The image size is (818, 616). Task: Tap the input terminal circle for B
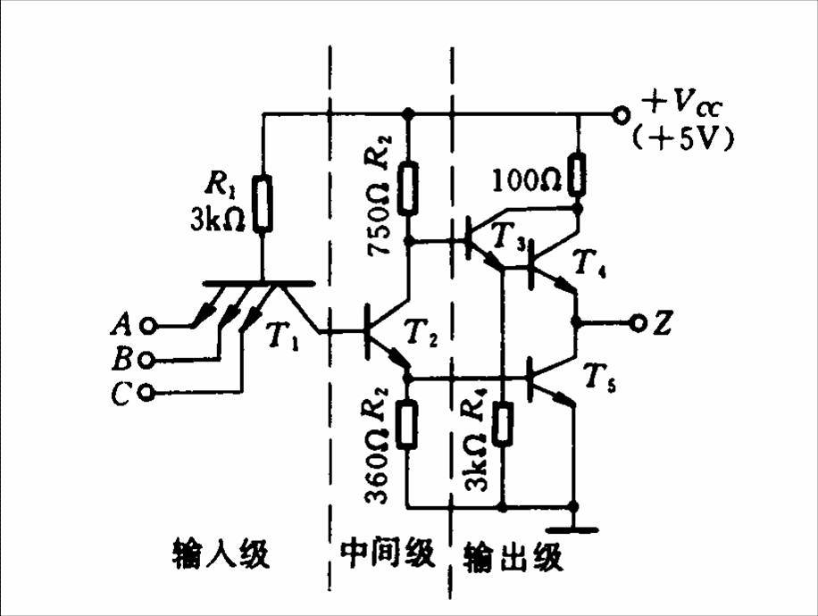pyautogui.click(x=146, y=360)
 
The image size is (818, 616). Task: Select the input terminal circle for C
pyautogui.click(x=148, y=391)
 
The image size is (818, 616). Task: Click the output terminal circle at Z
pyautogui.click(x=638, y=323)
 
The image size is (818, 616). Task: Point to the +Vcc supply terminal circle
pyautogui.click(x=621, y=115)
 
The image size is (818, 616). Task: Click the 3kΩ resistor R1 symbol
pyautogui.click(x=263, y=204)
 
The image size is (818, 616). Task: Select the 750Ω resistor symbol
pyautogui.click(x=408, y=188)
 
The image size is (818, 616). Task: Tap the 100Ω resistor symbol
pyautogui.click(x=577, y=174)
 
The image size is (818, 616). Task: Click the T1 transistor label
pyautogui.click(x=283, y=335)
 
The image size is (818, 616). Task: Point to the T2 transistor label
pyautogui.click(x=421, y=332)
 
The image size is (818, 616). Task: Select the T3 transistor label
pyautogui.click(x=509, y=237)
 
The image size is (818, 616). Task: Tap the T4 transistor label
pyautogui.click(x=589, y=262)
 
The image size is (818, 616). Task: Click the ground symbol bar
pyautogui.click(x=574, y=530)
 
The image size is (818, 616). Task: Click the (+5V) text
pyautogui.click(x=683, y=139)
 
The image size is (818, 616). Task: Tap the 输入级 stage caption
pyautogui.click(x=221, y=554)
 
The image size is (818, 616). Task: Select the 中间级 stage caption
pyautogui.click(x=388, y=553)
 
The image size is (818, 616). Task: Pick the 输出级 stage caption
pyautogui.click(x=513, y=556)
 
